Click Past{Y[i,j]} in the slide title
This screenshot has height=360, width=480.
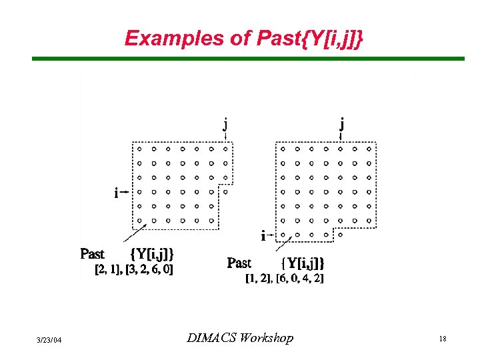coord(310,38)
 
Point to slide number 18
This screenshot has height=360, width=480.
coord(442,339)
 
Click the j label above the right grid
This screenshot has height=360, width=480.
coord(341,124)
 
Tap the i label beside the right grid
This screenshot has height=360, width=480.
coord(263,235)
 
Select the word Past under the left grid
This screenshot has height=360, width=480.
coord(92,254)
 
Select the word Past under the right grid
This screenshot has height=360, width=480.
coord(239,263)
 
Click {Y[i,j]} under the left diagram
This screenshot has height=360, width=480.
coord(153,254)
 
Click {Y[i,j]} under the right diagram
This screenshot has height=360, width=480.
coord(302,263)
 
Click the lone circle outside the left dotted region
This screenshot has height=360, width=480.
coord(225,191)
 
